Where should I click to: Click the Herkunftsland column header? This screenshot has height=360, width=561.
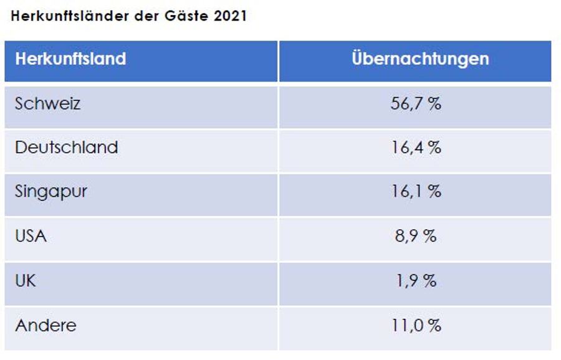click(70, 59)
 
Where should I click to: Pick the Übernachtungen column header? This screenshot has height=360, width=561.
click(420, 59)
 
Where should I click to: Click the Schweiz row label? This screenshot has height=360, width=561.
click(48, 103)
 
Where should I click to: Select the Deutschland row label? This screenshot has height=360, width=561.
click(67, 148)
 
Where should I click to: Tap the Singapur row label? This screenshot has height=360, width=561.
click(51, 191)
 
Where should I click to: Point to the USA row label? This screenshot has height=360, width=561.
click(31, 236)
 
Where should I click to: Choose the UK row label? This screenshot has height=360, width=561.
click(26, 280)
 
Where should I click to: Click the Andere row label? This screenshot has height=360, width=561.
click(46, 325)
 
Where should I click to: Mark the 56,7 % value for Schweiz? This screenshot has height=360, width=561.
click(416, 104)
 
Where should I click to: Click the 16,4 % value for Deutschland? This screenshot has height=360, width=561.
click(416, 148)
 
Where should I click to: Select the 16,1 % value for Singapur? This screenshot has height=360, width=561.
click(416, 192)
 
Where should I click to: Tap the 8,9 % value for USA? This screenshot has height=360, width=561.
click(416, 237)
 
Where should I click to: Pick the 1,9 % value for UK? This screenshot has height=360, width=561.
click(416, 281)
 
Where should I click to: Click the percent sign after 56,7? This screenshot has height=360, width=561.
click(434, 104)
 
